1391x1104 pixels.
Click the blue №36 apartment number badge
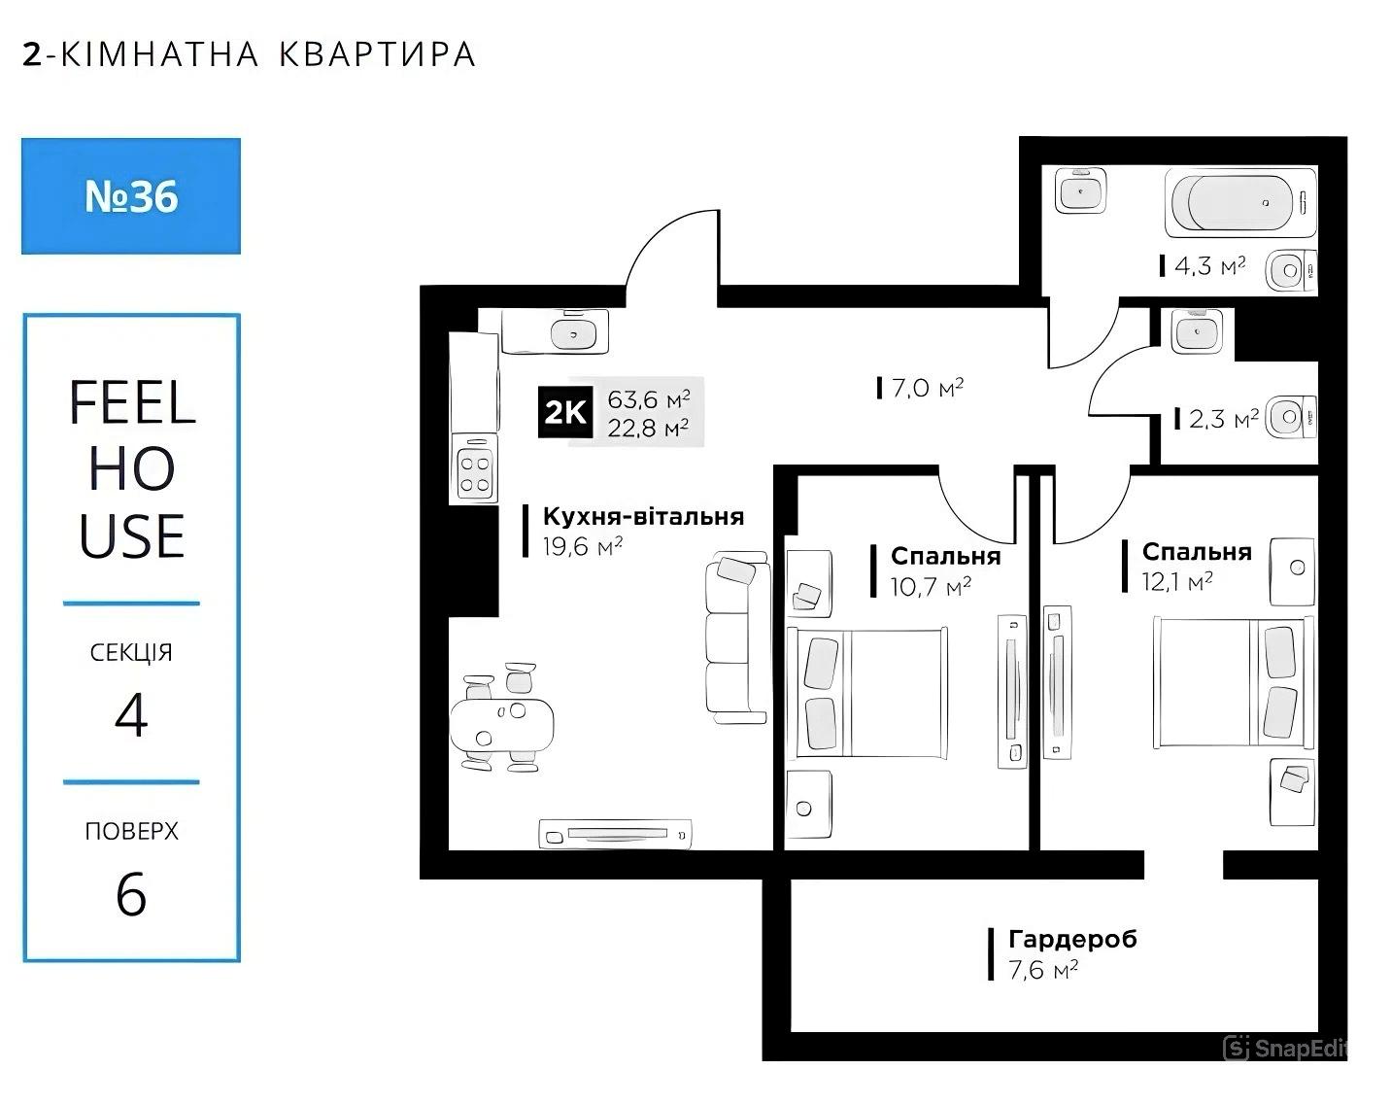(x=131, y=196)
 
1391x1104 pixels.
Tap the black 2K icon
(x=565, y=412)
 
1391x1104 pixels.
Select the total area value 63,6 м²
(x=648, y=399)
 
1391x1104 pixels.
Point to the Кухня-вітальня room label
(x=643, y=516)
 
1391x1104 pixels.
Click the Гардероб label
(x=1072, y=939)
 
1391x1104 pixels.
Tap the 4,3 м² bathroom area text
(x=1209, y=266)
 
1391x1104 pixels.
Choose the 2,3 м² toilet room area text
(x=1224, y=419)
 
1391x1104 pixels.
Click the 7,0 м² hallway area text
(x=928, y=388)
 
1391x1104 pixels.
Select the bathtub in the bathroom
(x=1240, y=202)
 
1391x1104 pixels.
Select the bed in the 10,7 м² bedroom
(x=866, y=692)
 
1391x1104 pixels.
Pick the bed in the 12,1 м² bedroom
(x=1234, y=682)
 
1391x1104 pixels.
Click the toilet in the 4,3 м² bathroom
(x=1291, y=270)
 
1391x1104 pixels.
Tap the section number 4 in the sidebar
(x=131, y=715)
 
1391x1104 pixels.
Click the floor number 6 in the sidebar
(x=131, y=894)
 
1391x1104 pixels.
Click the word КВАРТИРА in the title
(x=378, y=54)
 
